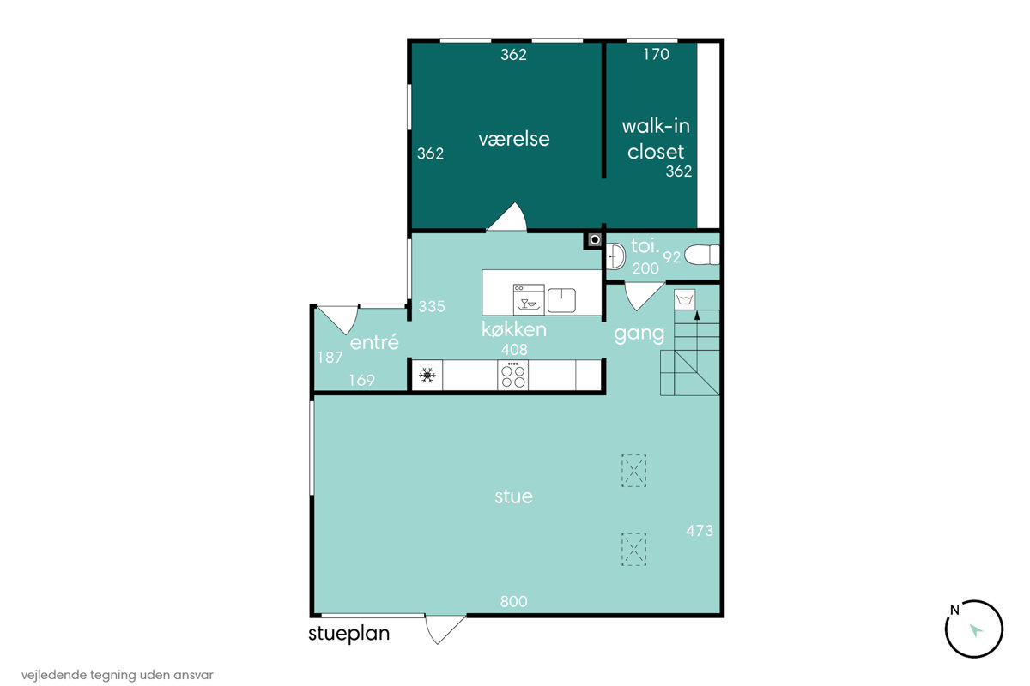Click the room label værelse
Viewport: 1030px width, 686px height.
513,139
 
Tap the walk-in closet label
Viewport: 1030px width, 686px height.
656,139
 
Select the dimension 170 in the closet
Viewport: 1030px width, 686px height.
656,54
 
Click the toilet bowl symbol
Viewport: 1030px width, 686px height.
702,255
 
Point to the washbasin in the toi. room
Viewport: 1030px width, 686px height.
615,256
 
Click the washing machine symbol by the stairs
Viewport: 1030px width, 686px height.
685,299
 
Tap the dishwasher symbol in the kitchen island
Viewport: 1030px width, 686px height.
529,299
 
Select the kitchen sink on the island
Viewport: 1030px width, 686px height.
561,300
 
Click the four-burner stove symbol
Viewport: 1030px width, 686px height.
512,376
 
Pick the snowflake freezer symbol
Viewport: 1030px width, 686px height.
427,376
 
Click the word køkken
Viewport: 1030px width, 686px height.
514,329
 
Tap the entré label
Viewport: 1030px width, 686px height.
374,342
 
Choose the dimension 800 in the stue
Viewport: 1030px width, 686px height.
513,601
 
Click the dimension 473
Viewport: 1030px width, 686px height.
700,531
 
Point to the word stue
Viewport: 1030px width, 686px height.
513,496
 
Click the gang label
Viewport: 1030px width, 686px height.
639,334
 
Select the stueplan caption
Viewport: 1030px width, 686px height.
349,634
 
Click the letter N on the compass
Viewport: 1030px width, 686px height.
954,611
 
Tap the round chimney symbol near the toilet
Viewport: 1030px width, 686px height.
595,239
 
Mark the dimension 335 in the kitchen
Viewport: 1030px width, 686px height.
432,306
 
